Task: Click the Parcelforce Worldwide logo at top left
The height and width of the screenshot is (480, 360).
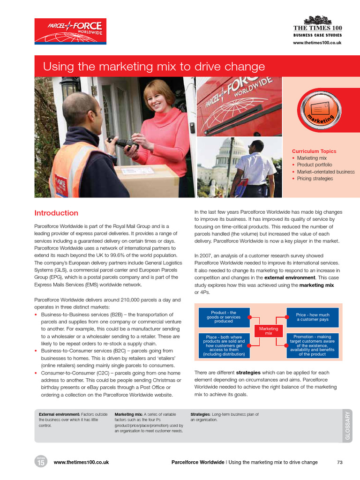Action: point(70,31)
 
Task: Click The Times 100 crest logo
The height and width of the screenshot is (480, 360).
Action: point(317,21)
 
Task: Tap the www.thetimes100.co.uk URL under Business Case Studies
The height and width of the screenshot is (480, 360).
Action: point(317,43)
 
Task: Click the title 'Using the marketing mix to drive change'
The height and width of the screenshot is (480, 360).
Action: point(154,67)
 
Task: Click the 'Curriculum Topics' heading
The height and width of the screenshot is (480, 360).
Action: point(314,151)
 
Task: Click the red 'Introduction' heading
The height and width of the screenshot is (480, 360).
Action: point(56,213)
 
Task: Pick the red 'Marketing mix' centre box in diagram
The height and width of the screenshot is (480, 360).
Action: point(268,331)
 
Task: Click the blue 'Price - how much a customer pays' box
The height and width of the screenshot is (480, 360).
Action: point(312,317)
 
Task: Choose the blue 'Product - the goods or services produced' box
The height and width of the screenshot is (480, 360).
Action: point(224,317)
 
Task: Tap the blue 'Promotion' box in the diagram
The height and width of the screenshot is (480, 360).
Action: point(312,345)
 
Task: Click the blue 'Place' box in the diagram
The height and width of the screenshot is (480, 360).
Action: point(224,345)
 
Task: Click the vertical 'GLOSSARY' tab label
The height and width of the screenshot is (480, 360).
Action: point(347,426)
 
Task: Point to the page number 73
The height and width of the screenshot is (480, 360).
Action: point(340,462)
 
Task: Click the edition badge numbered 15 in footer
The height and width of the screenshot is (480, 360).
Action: point(40,462)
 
